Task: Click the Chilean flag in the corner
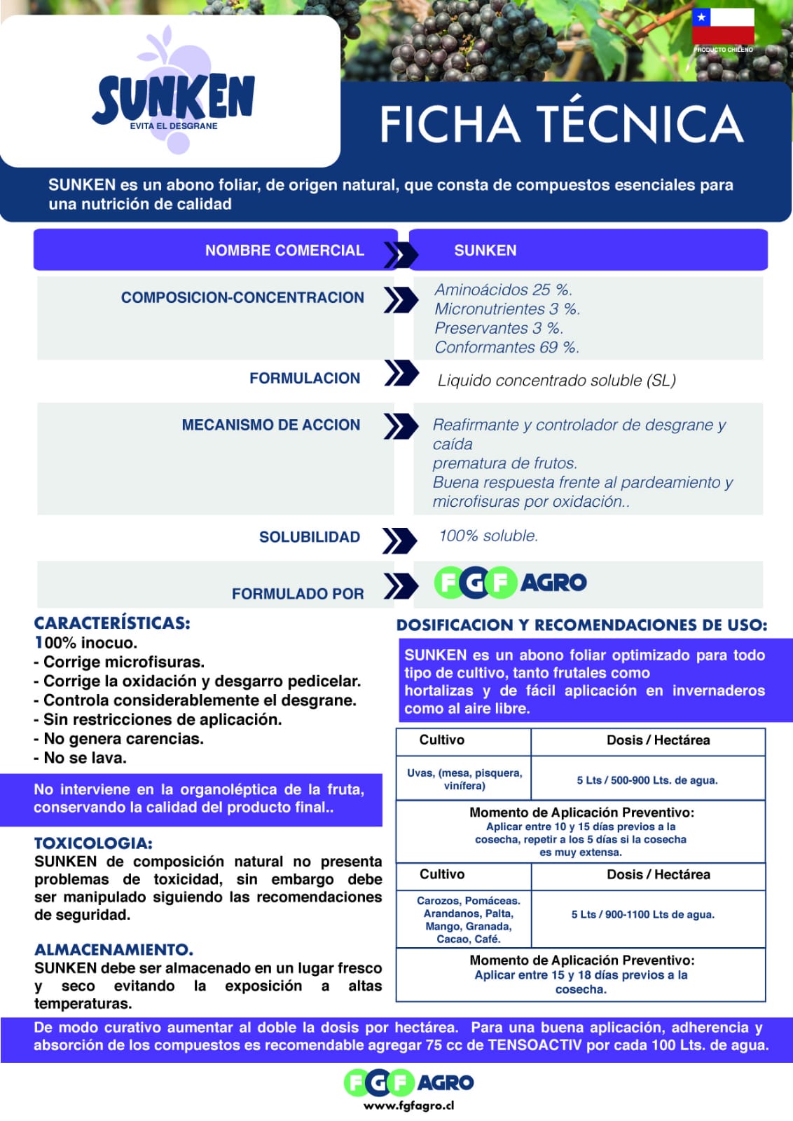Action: coord(723,27)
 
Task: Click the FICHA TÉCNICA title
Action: coord(561,124)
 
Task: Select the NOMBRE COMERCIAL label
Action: coord(284,250)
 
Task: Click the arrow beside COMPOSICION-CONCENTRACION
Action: coord(400,299)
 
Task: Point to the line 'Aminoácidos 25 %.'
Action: coord(503,290)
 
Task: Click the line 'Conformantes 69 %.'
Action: coord(506,347)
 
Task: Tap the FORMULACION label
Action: coord(305,379)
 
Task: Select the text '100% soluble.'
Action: coord(488,536)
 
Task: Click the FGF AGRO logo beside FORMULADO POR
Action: coord(511,583)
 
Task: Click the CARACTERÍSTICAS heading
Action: coord(112,623)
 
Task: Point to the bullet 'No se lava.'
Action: coord(85,758)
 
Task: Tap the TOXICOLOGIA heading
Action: coord(93,843)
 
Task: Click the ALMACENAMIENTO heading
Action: coord(113,950)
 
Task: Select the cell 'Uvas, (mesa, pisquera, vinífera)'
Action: coord(464,779)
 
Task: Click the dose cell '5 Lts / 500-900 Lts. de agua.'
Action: coord(647,780)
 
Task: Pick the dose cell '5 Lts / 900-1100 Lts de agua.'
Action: coord(642,914)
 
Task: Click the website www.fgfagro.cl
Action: coord(408,1106)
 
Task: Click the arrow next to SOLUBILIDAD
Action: coord(400,540)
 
